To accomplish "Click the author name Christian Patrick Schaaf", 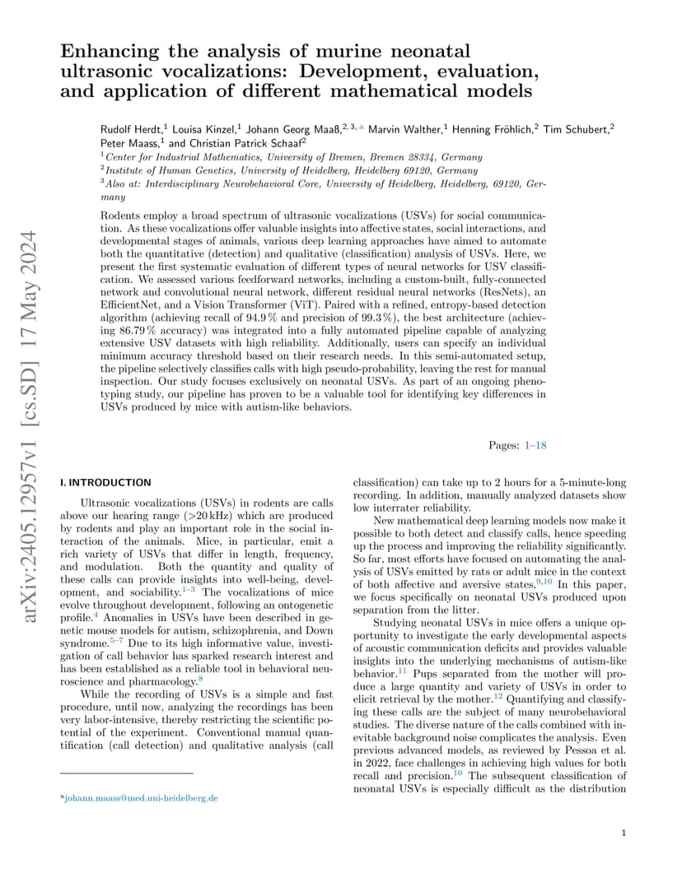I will (x=249, y=142).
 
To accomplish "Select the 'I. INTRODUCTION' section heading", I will (x=106, y=482).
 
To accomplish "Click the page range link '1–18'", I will (x=535, y=445).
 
